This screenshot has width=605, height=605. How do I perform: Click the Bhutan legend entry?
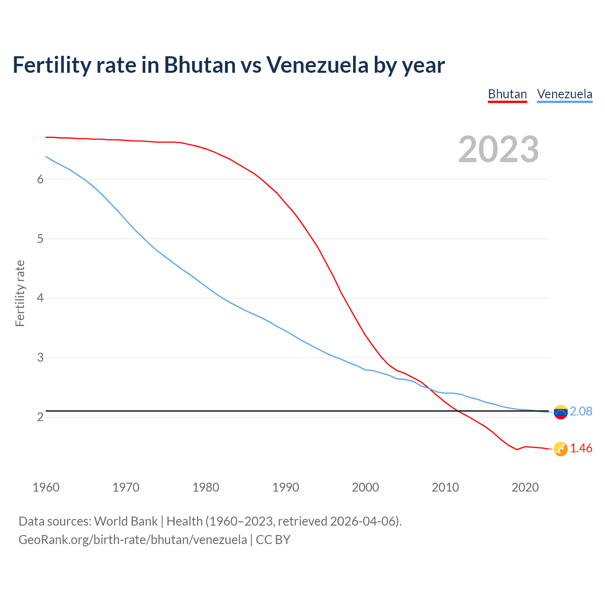(507, 94)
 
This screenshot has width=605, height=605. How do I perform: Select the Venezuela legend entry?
(564, 94)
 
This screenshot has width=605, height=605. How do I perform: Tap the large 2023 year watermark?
(499, 149)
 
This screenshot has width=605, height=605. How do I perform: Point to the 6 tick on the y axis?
(40, 179)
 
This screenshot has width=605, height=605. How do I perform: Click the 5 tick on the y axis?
(40, 239)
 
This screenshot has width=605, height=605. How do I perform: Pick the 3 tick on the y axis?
(40, 358)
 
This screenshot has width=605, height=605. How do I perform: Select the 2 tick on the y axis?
(40, 417)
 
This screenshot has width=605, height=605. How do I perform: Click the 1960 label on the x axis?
(46, 487)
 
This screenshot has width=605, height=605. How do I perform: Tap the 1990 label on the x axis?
(285, 487)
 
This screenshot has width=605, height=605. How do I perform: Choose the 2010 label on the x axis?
(445, 487)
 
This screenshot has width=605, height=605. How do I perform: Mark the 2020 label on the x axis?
(525, 487)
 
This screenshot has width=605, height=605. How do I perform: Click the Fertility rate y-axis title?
(20, 293)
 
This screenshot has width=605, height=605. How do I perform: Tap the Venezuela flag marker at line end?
(561, 412)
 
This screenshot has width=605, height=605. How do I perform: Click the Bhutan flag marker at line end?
(561, 449)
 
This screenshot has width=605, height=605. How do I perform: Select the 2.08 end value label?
(581, 412)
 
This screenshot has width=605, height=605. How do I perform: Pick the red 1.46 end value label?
(581, 449)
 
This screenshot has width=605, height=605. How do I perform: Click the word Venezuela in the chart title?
(317, 65)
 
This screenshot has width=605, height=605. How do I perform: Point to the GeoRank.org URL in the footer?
(132, 539)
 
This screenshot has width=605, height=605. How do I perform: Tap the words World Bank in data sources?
(126, 521)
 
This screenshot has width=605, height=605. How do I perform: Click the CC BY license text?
(273, 539)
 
